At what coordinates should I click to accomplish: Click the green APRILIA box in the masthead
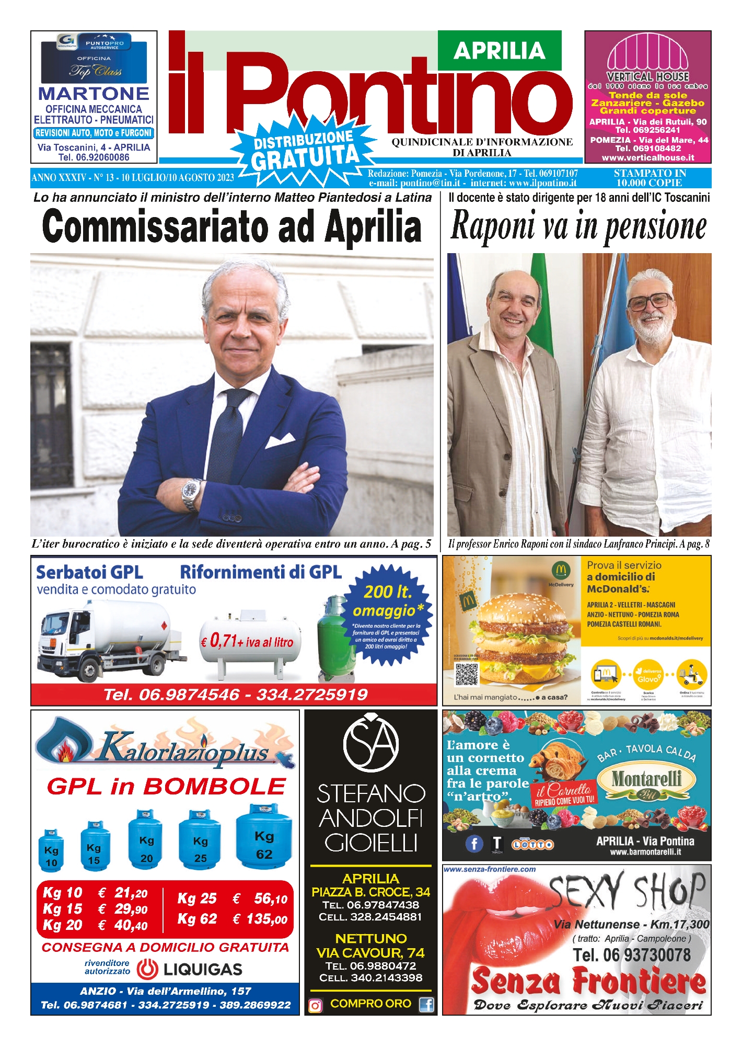[x=499, y=51]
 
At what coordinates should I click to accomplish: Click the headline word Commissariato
[x=157, y=226]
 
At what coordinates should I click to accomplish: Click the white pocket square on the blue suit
[x=280, y=441]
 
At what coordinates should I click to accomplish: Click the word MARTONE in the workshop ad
[x=94, y=94]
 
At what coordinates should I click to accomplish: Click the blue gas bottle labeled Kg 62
[x=263, y=836]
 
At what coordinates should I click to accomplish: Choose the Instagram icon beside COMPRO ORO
[x=316, y=1005]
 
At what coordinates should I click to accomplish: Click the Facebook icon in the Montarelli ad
[x=474, y=844]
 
